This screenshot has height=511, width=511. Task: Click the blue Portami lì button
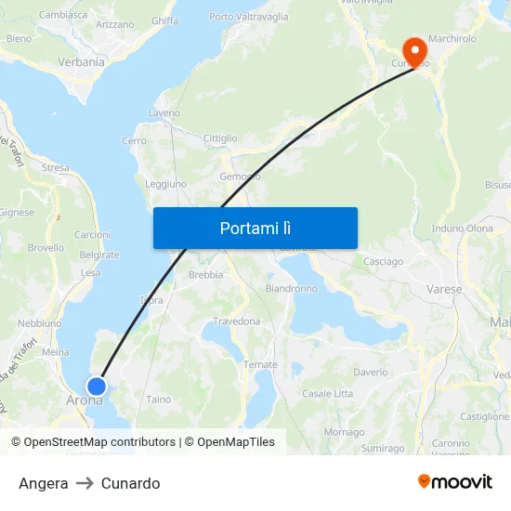coord(255,228)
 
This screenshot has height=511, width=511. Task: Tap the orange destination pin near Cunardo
coord(411,49)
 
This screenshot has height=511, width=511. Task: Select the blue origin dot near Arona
coord(96,386)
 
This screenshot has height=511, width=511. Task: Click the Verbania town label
coord(82,62)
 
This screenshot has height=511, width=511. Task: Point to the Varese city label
coord(444,290)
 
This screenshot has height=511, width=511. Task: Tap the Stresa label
coord(56,168)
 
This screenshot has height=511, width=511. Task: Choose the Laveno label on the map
coord(164,113)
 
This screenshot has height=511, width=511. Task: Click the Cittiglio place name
coord(220,138)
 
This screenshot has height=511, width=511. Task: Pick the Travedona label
coord(237,321)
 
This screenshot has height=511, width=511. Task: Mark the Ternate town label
coord(260,365)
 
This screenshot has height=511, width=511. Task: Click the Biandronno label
coord(292,289)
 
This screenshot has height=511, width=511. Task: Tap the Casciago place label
coord(383,262)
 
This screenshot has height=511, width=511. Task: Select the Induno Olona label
coord(462,229)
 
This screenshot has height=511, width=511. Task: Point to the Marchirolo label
coord(452,39)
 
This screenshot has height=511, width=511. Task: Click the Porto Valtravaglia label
coord(248,17)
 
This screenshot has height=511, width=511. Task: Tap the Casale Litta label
coord(328,394)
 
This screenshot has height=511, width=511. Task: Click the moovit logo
coord(455,482)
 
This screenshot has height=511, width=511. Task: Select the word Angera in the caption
coord(43,483)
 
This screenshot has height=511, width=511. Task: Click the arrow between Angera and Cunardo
coord(85,483)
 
